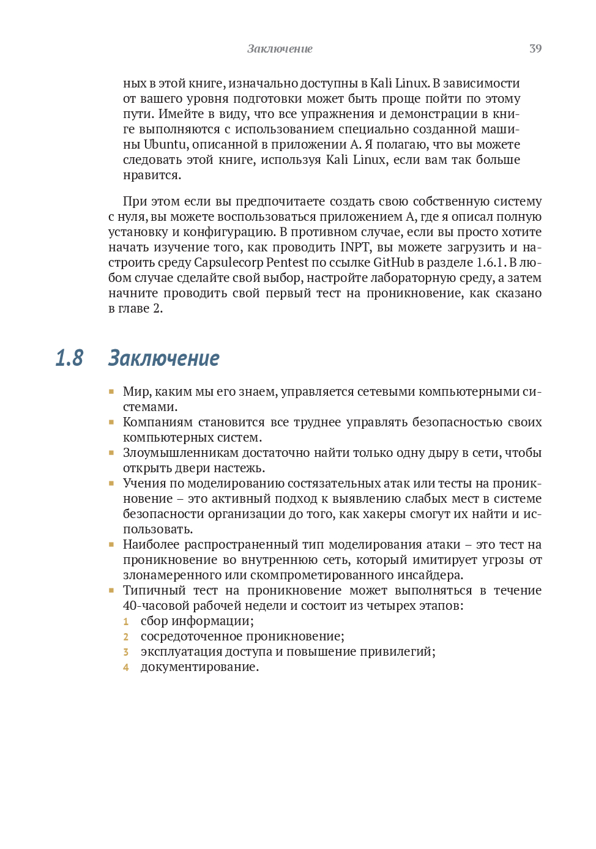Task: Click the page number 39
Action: tap(535, 48)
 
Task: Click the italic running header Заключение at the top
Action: tap(280, 48)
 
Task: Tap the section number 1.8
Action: tap(69, 358)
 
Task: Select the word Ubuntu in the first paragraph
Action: tap(165, 144)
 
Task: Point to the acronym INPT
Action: tap(355, 247)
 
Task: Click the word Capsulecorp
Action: tap(228, 262)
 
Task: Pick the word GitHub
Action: tap(393, 262)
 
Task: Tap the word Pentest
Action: tap(288, 262)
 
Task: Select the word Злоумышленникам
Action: tap(181, 453)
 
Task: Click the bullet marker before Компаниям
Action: tap(111, 421)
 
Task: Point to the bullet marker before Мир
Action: tap(111, 391)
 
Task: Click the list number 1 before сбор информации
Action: tap(126, 621)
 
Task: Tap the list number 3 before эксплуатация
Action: tap(126, 652)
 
